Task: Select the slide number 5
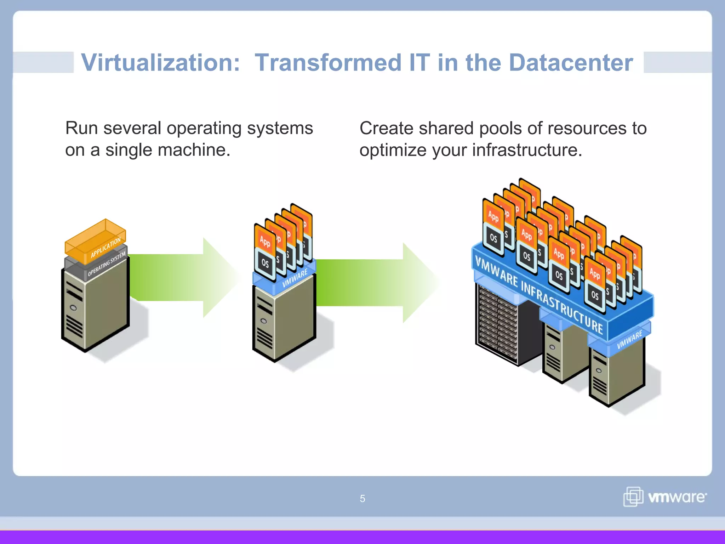coord(362,499)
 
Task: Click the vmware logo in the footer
coord(665,497)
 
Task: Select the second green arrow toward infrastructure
coord(375,283)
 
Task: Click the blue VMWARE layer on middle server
coord(294,278)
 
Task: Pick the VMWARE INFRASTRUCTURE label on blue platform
coord(538,294)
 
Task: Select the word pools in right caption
coord(500,128)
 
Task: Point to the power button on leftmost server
coord(73,308)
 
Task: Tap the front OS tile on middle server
coord(265,263)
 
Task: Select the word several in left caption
coord(132,128)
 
